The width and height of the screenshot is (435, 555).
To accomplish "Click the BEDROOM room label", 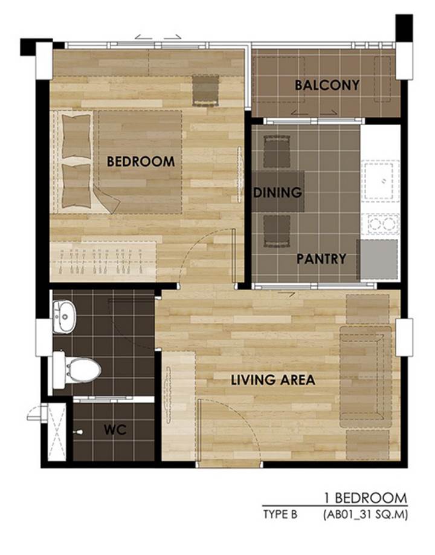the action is (141, 161).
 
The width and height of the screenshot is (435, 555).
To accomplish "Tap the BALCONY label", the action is (327, 85).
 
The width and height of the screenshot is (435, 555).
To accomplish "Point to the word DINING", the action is (278, 192).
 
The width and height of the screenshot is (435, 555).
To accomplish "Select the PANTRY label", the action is (321, 259).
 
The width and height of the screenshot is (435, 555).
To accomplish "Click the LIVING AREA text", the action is (273, 380).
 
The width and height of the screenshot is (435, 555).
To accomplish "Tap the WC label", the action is (115, 430).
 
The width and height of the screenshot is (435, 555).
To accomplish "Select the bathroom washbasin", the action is (64, 317).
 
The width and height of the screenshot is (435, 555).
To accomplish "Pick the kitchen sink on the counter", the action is (380, 181).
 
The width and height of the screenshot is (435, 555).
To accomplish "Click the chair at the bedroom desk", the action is (205, 90).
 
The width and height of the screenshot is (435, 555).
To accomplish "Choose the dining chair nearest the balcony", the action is (277, 152).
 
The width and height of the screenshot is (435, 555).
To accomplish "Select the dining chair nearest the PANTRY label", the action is (277, 231).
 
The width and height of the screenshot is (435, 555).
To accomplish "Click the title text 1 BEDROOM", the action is (366, 498).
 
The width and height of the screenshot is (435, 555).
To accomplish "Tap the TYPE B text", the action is (280, 514).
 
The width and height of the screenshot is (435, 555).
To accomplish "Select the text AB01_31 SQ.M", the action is (366, 514).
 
